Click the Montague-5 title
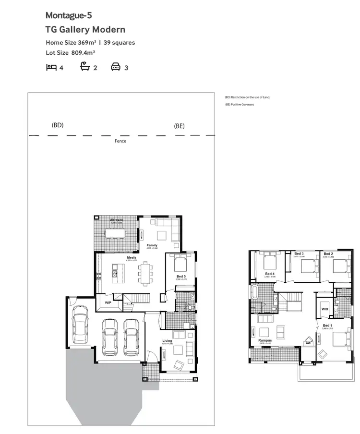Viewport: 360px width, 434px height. tap(69, 16)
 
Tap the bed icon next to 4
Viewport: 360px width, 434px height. tap(51, 67)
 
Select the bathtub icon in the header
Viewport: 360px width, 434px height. tap(85, 67)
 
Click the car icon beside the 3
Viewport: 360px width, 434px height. tap(116, 67)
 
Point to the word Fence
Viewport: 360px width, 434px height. tap(120, 141)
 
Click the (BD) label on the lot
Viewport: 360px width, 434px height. tap(58, 125)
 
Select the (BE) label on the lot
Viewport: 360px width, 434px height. tap(179, 126)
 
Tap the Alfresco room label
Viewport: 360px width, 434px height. tap(117, 220)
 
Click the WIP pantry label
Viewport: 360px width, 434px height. tap(108, 303)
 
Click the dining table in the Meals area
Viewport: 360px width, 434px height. tap(144, 273)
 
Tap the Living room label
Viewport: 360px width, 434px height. tap(167, 341)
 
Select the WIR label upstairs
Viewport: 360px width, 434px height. tap(324, 309)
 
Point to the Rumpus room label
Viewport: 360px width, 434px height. tap(265, 340)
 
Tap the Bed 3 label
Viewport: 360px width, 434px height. tap(299, 253)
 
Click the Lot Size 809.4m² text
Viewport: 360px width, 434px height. tap(71, 53)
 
